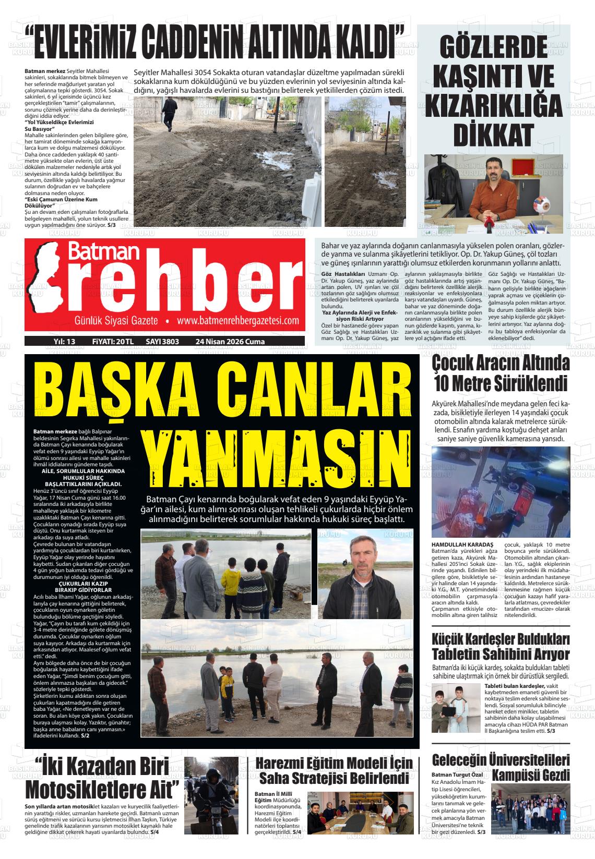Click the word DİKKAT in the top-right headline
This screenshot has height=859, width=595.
pos(497,135)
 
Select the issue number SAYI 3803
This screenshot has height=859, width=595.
pos(162,342)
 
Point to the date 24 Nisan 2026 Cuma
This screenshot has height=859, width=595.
pos(230,342)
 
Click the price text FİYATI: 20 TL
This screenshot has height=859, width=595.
pos(113,342)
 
